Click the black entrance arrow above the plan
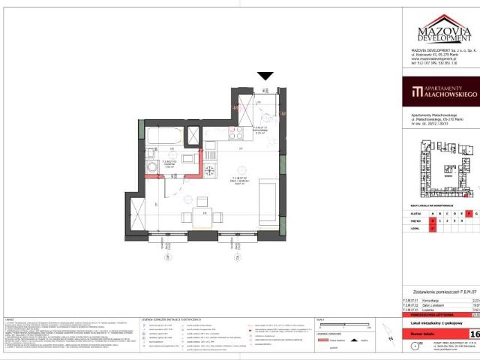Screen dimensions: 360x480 click(x=265, y=76)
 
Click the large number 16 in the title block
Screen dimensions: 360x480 click(x=474, y=333)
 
